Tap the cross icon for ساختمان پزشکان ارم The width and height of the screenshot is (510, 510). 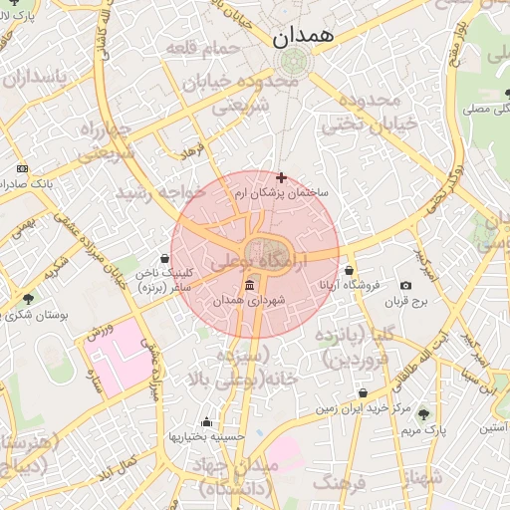[281, 176]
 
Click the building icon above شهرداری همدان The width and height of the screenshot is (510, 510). [248, 287]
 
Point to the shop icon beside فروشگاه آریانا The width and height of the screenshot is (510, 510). [350, 270]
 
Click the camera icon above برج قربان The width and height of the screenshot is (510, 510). [405, 286]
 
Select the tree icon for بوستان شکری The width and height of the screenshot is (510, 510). [27, 297]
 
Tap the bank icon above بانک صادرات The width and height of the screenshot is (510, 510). [22, 169]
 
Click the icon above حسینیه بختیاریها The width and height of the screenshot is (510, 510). [206, 421]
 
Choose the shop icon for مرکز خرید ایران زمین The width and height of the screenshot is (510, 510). [363, 393]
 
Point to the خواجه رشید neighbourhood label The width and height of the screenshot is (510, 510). [161, 191]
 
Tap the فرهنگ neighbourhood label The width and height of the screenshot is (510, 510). [340, 483]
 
